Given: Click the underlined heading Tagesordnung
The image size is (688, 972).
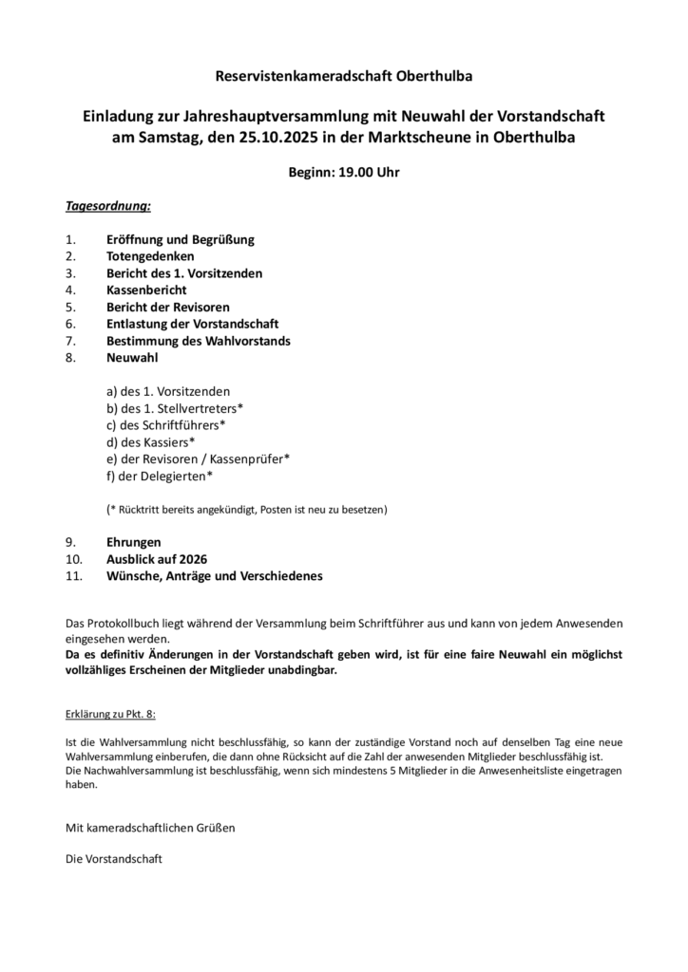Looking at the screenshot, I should pyautogui.click(x=108, y=205).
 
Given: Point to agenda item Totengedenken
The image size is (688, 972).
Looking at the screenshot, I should pyautogui.click(x=150, y=256).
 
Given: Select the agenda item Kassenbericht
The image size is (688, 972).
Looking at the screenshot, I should pyautogui.click(x=146, y=290).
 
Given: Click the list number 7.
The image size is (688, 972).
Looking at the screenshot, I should pyautogui.click(x=69, y=340).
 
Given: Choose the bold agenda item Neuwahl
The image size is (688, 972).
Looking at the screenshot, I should pyautogui.click(x=132, y=358).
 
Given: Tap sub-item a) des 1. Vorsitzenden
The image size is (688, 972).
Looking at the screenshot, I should pyautogui.click(x=168, y=390).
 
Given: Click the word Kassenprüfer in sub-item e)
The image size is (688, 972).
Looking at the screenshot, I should pyautogui.click(x=251, y=458).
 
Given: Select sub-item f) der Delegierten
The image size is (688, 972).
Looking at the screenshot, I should pyautogui.click(x=160, y=476).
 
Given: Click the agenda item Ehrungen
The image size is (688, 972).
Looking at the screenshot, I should pyautogui.click(x=134, y=542).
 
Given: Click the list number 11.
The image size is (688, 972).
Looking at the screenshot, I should pyautogui.click(x=73, y=576).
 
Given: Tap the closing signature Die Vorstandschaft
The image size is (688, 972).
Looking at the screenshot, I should pyautogui.click(x=113, y=858).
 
